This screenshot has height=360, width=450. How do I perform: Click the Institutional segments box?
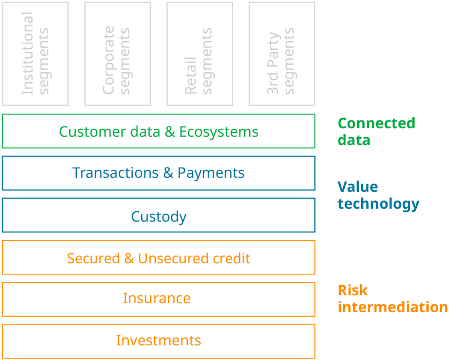pos(35,53)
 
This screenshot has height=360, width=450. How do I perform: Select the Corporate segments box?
pos(118,53)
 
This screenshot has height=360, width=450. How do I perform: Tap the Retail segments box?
pos(200,53)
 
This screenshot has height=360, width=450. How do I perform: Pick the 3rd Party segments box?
pos(282,53)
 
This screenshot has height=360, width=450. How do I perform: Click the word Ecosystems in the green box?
pos(219,132)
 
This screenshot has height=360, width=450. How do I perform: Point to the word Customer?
pos(85,132)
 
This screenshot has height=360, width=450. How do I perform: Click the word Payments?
pos(211,173)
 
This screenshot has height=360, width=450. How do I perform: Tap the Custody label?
pos(159,217)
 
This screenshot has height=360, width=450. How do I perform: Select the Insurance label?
pos(157,298)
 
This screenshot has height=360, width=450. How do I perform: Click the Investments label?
pos(159,340)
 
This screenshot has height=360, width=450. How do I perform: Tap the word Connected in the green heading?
pos(376,123)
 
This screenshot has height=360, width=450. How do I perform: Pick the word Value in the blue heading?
pos(358,187)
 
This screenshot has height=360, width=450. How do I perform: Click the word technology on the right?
pos(379,204)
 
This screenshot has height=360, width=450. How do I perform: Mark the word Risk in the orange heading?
pos(353,290)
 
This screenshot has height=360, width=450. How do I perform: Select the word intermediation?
pos(393,307)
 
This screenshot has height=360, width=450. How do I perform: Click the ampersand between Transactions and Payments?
pos(168,173)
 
